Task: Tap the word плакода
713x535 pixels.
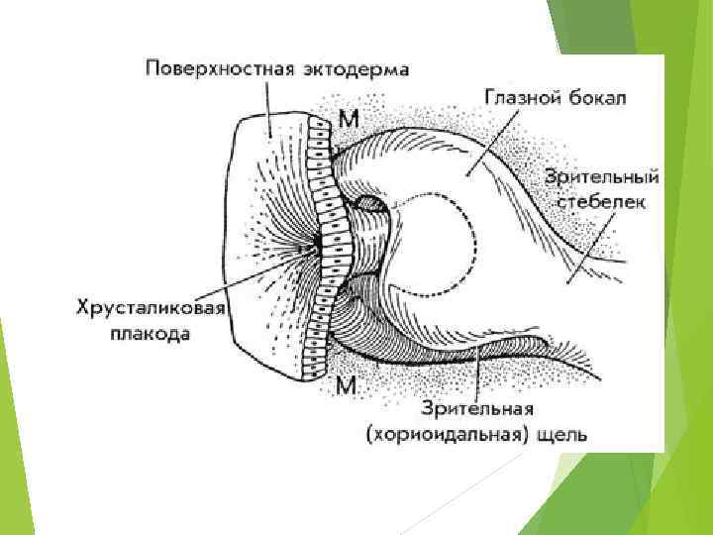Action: pos(152,334)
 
